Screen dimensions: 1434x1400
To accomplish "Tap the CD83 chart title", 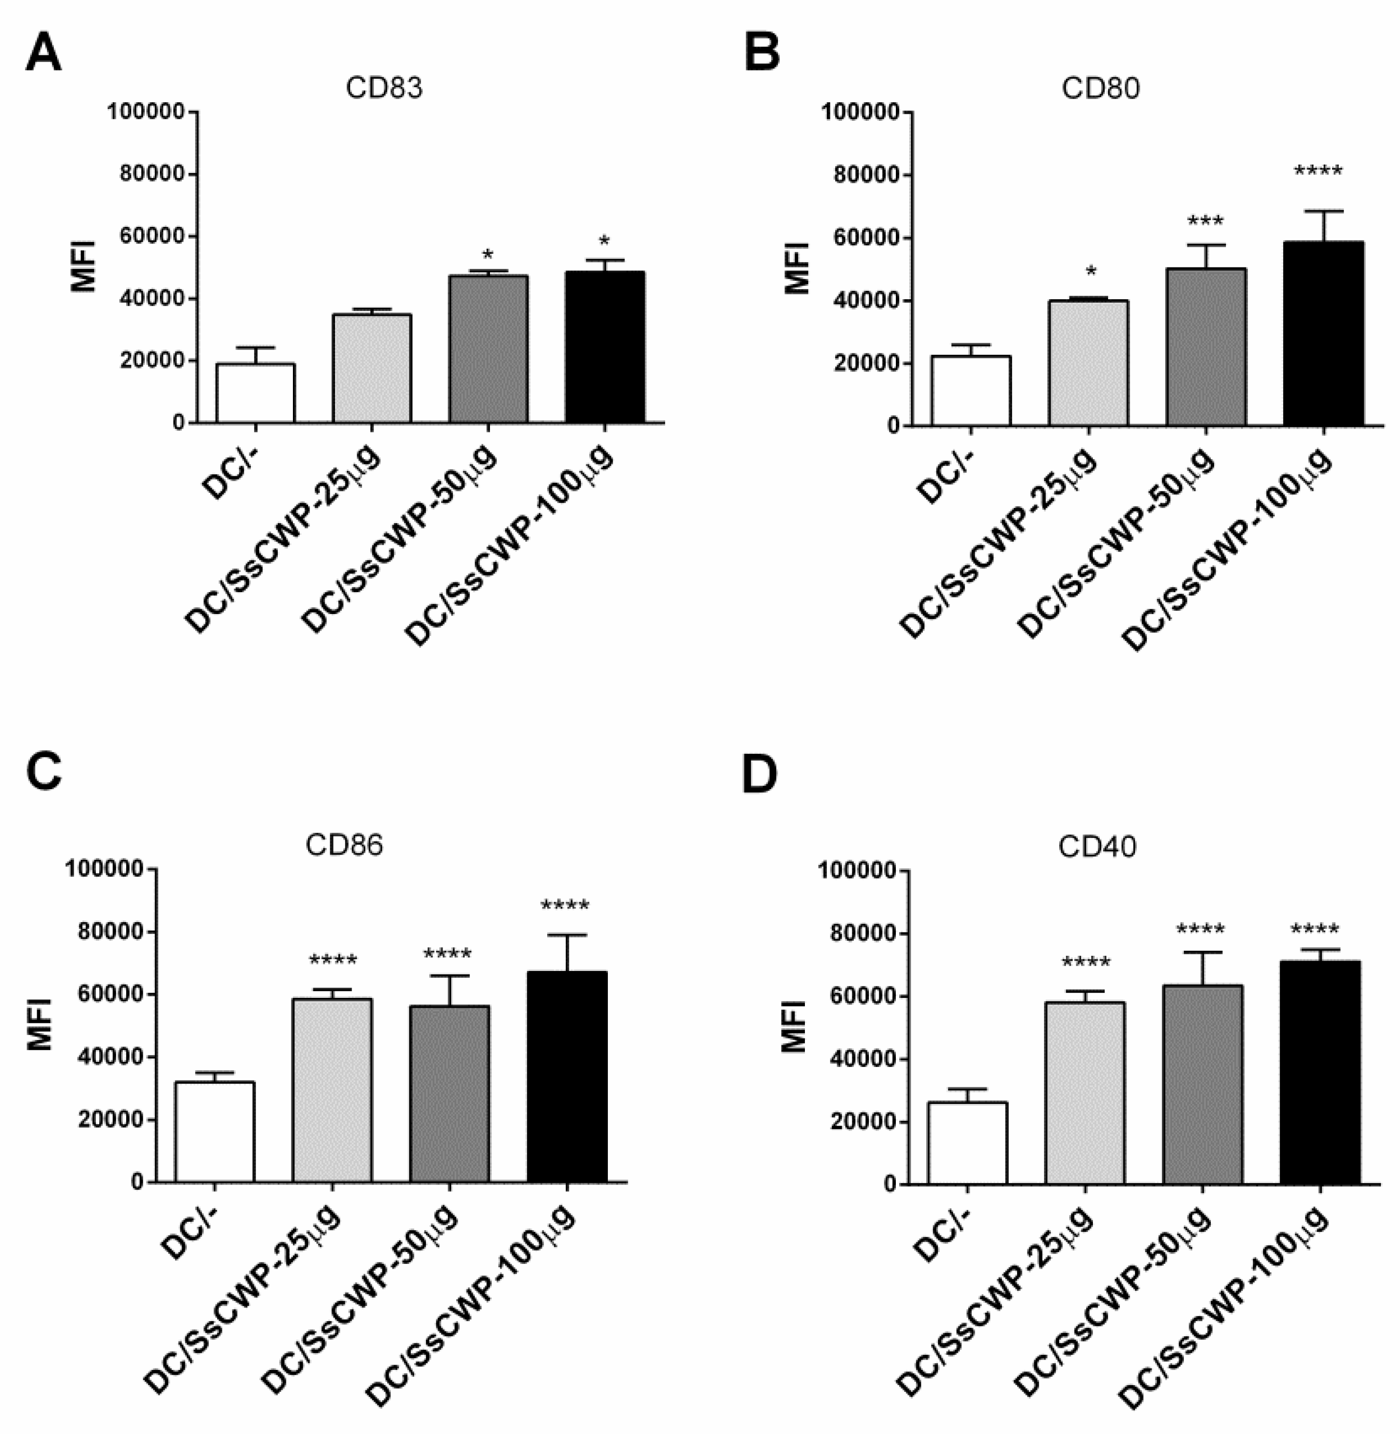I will pos(384,88).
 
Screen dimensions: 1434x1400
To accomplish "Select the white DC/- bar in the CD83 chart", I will pos(255,393).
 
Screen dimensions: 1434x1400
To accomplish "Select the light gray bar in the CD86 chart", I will pos(333,1090).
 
